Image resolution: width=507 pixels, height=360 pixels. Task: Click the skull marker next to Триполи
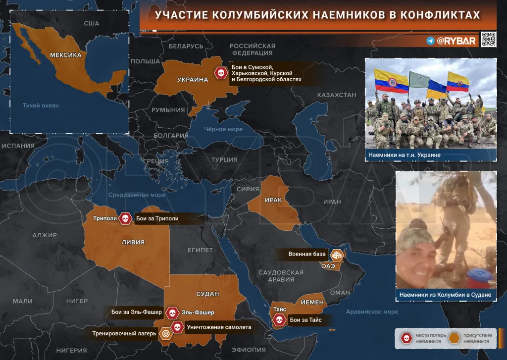[125, 218]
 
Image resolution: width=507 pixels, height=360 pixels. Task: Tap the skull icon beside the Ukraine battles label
[220, 73]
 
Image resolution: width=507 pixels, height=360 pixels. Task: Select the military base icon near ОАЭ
[337, 255]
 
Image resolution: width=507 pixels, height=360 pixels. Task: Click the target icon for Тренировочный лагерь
[165, 333]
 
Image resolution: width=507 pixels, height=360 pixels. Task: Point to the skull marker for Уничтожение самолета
[177, 327]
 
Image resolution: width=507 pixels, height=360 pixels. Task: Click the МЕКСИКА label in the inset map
[66, 55]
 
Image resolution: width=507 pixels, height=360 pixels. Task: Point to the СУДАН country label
[207, 294]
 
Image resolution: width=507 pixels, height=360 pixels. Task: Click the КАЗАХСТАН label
[337, 95]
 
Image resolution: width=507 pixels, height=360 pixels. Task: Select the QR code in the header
[489, 39]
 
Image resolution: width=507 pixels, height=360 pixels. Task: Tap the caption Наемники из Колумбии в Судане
[446, 295]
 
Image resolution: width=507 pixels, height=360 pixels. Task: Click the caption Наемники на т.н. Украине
[405, 155]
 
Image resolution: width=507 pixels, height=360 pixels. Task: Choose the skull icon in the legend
[406, 338]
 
